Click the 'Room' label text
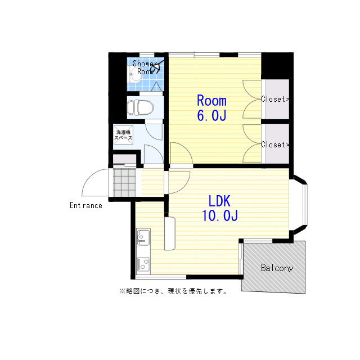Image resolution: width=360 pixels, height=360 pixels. (x=211, y=101)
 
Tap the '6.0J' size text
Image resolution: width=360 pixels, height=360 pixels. (x=211, y=116)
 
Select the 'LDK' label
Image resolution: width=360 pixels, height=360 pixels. (x=219, y=201)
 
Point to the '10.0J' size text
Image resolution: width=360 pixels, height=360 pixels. (x=219, y=216)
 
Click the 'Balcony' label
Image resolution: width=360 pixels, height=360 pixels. (x=277, y=268)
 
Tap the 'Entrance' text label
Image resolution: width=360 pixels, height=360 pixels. (x=86, y=205)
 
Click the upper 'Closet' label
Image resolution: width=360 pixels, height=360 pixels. (x=275, y=100)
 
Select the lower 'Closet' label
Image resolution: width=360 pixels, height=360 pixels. (x=275, y=145)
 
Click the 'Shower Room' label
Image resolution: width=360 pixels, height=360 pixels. (x=145, y=67)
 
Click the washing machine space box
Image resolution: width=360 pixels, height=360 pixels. (x=124, y=136)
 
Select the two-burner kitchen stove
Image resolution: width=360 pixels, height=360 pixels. (x=143, y=262)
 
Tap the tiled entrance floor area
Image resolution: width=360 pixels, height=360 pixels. (x=124, y=183)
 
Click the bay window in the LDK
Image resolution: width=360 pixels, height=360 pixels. (x=302, y=206)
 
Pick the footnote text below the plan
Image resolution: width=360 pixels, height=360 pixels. (x=173, y=291)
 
